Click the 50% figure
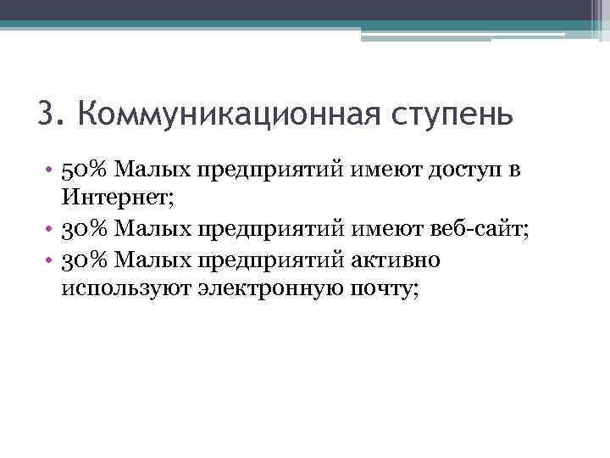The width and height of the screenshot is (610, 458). (86, 170)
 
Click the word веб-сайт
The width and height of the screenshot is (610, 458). (480, 230)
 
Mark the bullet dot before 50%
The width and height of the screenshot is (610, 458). (50, 170)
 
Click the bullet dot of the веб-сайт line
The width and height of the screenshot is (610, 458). (50, 230)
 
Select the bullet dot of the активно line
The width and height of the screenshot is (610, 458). (50, 260)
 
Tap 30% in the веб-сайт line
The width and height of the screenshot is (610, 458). (86, 230)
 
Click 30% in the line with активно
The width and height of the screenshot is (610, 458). (86, 260)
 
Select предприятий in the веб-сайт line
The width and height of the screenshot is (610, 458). (271, 230)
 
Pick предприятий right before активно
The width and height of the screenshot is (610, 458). (271, 260)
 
